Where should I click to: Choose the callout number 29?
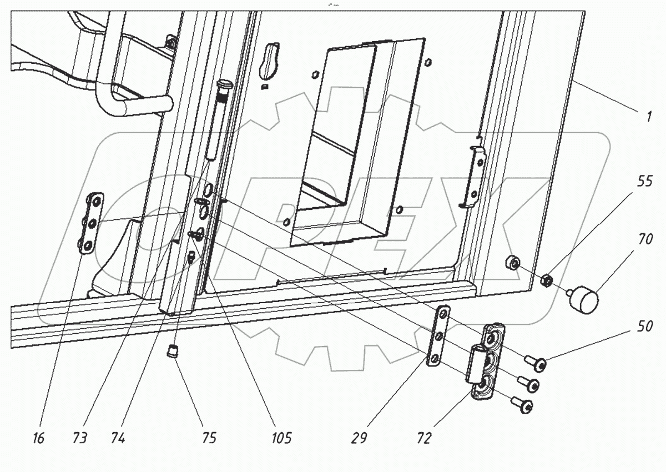[x=359, y=439]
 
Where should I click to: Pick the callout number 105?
[x=280, y=439]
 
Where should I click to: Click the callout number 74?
[x=118, y=439]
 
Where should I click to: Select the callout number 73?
[x=79, y=439]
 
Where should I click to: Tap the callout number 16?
[x=38, y=439]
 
